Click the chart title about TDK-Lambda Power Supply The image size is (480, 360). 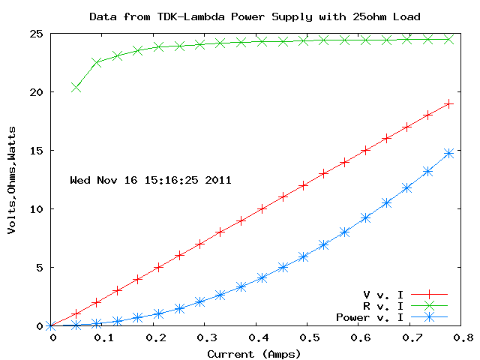coord(254,16)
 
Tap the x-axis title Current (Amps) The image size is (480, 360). coord(253,353)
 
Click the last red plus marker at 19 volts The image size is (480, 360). coord(448,103)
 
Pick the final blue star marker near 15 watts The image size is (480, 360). coord(448,153)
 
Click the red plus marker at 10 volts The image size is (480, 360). coord(262,208)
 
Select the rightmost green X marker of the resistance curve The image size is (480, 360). coord(448,39)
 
